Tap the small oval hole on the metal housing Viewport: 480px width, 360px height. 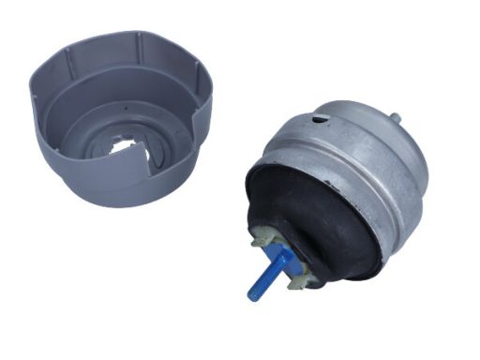tap(322, 118)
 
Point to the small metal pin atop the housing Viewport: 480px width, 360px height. tap(395, 119)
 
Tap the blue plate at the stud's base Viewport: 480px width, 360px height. tap(279, 256)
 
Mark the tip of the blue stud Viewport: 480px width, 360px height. tap(253, 296)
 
